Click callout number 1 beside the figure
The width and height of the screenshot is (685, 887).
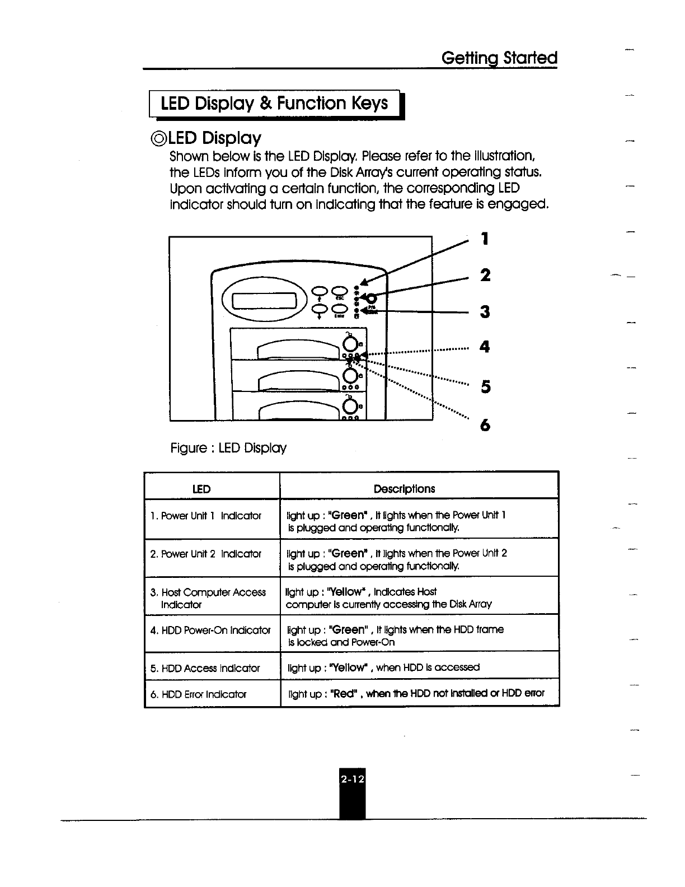(485, 239)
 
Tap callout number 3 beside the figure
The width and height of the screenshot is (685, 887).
(485, 311)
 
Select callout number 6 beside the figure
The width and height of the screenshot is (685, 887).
(485, 426)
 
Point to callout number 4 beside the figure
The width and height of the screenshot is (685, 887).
(485, 347)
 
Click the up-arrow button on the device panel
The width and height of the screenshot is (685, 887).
(320, 291)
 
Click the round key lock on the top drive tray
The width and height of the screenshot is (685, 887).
(350, 343)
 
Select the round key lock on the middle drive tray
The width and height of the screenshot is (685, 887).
(350, 375)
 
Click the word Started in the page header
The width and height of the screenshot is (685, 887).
(530, 58)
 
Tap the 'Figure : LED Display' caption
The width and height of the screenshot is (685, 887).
(228, 448)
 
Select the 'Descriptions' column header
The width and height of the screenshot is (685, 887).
(404, 489)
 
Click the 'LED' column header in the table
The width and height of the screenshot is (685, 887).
(201, 489)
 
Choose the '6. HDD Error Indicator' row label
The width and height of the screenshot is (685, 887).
(199, 694)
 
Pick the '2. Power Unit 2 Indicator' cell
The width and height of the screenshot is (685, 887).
(206, 554)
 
